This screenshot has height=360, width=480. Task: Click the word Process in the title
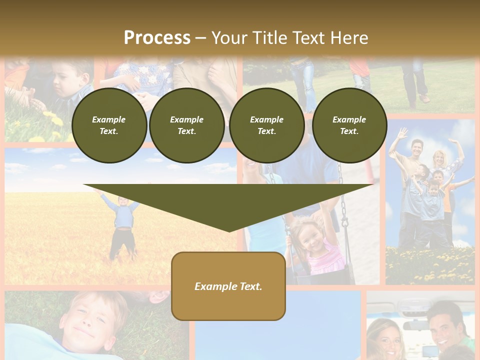(x=157, y=37)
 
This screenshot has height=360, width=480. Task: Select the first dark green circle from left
(x=109, y=125)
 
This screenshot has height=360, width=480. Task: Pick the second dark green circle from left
(x=187, y=125)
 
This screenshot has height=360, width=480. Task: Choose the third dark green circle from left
(x=267, y=125)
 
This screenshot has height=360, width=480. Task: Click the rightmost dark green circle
(x=349, y=125)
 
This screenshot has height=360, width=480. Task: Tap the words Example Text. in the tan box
(x=228, y=286)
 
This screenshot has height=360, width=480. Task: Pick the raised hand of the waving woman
(x=455, y=144)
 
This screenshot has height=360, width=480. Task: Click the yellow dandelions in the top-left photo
(x=52, y=120)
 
